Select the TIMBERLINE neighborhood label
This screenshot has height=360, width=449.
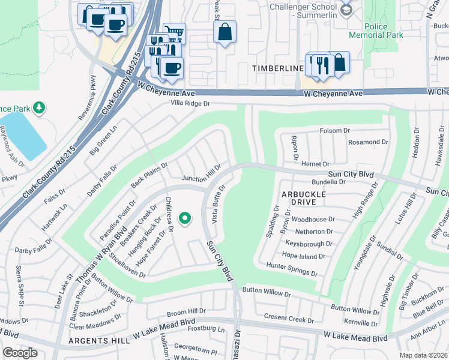coord(278,68)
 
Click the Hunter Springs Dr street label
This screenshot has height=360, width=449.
coord(291,268)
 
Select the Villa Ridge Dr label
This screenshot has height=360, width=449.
coord(190,103)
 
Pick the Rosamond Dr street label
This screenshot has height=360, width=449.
coord(368,142)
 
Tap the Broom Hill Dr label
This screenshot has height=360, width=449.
coord(186,313)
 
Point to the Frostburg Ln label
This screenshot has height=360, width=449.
coord(206,329)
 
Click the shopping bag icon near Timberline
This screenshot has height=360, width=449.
coord(339,62)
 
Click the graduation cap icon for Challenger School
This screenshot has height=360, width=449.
coord(345,10)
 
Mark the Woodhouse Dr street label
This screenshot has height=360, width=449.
coord(312,220)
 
